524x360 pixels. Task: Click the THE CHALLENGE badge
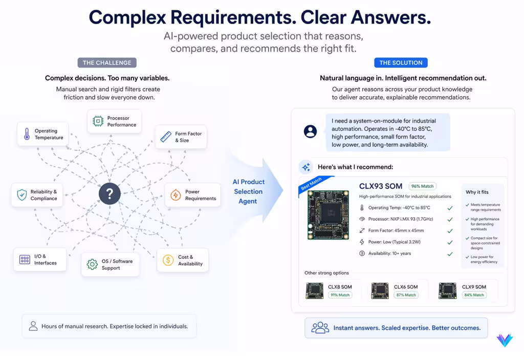107,63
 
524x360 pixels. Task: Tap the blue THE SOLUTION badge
401,63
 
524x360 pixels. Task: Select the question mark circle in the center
110,194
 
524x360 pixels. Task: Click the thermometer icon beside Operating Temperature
27,134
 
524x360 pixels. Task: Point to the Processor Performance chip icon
98,121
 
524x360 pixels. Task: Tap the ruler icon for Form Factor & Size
166,137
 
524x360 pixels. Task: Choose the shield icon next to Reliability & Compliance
21,195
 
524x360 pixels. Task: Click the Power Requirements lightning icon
176,195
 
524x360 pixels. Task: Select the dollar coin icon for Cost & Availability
168,260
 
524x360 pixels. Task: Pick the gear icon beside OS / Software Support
92,264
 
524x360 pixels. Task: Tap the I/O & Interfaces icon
25,259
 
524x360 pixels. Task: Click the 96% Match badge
422,186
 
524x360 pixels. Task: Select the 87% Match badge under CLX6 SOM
406,295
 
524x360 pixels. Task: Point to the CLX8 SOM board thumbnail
315,290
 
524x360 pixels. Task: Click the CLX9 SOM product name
474,287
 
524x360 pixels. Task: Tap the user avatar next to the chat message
310,131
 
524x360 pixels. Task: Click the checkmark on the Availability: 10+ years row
450,254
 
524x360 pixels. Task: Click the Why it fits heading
477,192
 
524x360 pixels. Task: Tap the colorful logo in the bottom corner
505,340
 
